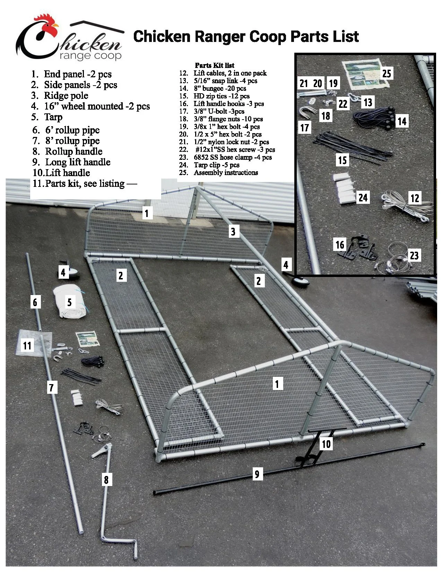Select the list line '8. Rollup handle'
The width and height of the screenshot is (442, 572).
coord(67,151)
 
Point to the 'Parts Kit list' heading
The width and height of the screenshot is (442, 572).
coord(215,65)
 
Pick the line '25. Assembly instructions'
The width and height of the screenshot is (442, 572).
coord(218,172)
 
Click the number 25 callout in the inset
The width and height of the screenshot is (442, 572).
coord(387,73)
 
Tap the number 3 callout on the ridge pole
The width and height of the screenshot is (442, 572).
coord(233,232)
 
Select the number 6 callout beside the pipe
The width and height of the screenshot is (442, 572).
coord(35,302)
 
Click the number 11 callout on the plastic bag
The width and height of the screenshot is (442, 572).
coord(27,346)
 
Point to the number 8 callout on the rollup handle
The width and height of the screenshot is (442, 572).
coord(106,480)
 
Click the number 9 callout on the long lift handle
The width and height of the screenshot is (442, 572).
coord(257,474)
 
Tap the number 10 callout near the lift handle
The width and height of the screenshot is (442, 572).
coord(326,444)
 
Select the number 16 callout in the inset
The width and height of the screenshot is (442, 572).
coord(340,245)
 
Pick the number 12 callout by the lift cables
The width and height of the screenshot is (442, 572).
coord(415,198)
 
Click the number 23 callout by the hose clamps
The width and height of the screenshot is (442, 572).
coord(414,255)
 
